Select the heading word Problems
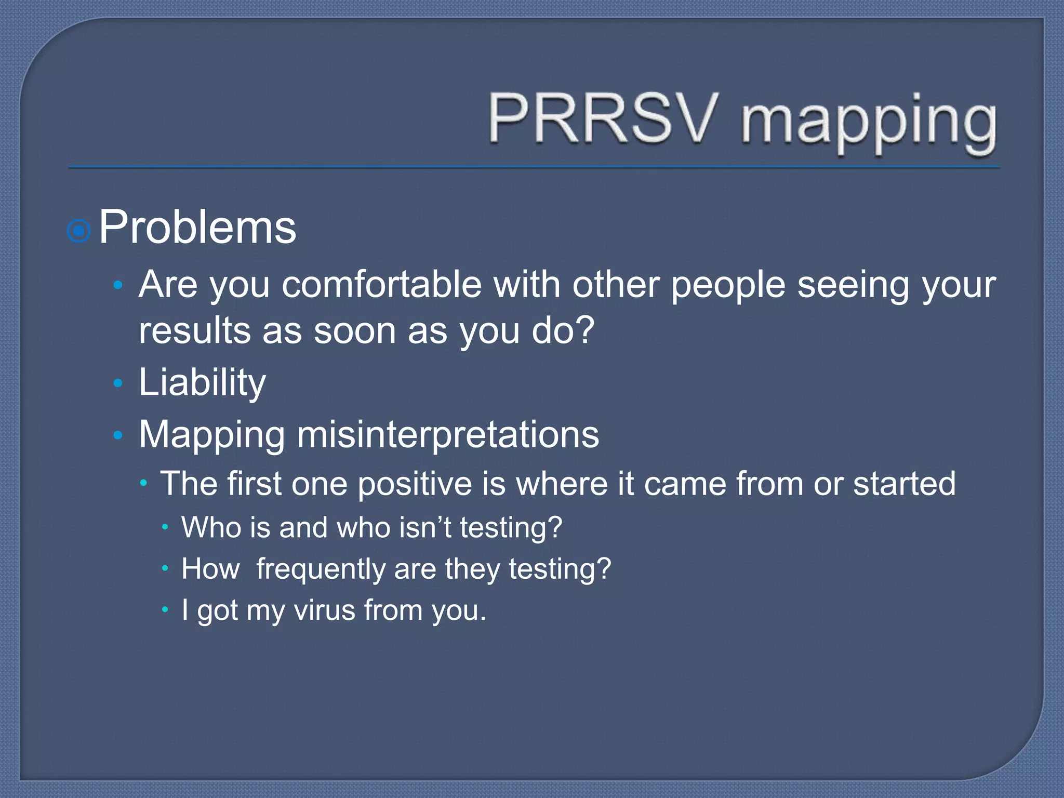(x=197, y=228)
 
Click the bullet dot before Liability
(x=118, y=383)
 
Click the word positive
(x=414, y=484)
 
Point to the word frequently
(x=321, y=569)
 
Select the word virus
(x=324, y=610)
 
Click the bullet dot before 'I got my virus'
(x=165, y=610)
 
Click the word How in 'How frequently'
(x=210, y=569)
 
